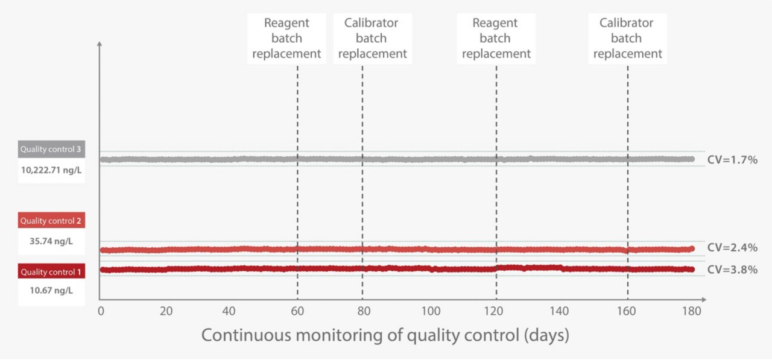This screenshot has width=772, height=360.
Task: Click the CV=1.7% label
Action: pos(732,160)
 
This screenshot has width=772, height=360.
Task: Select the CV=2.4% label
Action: pos(732,247)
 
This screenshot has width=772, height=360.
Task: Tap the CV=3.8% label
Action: pos(732,270)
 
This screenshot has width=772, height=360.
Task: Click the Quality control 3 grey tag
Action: pos(51,150)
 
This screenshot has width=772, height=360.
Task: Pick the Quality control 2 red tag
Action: pos(51,221)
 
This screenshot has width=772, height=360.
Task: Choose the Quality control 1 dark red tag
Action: pos(51,272)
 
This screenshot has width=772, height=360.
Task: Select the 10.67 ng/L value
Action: pos(51,291)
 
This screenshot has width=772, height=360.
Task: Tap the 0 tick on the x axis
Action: pos(101,311)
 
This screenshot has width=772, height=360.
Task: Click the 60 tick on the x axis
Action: pos(297,311)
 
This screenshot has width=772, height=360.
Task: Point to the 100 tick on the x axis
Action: pos(431,311)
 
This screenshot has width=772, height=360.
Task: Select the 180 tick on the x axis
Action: pos(691,311)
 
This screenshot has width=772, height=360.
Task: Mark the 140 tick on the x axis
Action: pos(559,311)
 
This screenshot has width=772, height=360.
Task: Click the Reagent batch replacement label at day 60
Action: pos(286,38)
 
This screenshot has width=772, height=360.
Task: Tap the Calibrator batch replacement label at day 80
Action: pos(372,38)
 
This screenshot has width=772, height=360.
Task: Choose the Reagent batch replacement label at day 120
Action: pos(496,38)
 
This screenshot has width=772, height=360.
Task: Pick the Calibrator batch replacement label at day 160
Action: pos(627,38)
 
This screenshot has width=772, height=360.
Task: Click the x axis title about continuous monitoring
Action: pos(385,335)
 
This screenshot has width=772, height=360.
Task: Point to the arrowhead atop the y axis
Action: pos(100,44)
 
